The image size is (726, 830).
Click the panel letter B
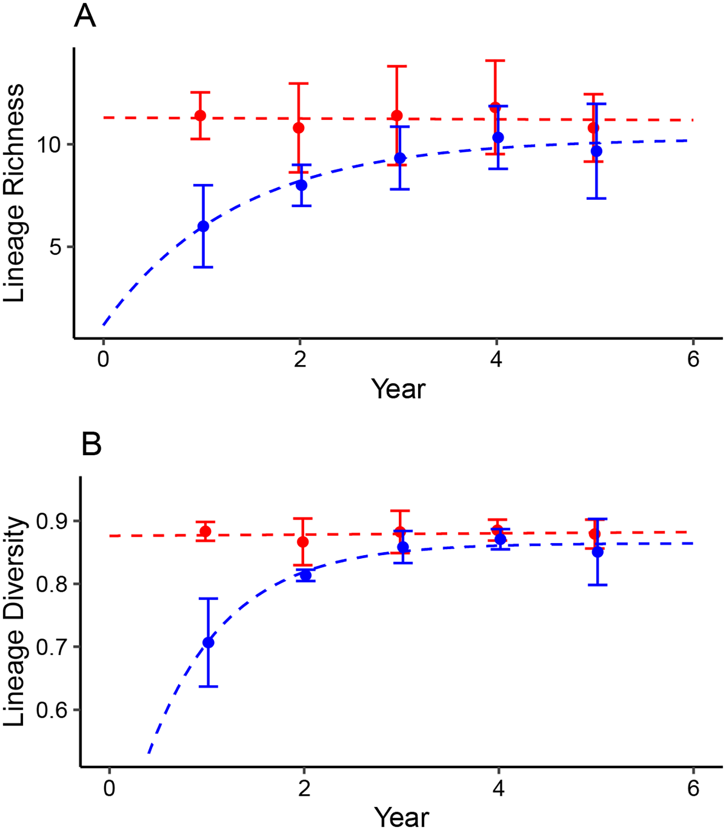(x=91, y=444)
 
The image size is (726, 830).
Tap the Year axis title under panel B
(x=401, y=818)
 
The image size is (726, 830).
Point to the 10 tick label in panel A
(x=49, y=145)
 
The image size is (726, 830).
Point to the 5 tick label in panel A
(x=55, y=247)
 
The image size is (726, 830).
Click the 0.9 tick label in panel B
(x=52, y=522)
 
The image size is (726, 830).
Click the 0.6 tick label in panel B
(x=52, y=710)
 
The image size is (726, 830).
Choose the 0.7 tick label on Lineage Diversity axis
(x=52, y=647)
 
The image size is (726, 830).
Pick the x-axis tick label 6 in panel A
(x=693, y=359)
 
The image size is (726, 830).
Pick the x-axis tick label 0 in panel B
(x=109, y=788)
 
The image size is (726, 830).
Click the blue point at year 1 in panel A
(x=203, y=226)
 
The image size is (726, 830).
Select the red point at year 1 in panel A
(x=200, y=115)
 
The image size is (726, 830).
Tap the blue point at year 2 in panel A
(x=301, y=185)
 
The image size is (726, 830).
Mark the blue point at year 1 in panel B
(x=208, y=643)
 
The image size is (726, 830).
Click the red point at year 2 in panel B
(x=303, y=542)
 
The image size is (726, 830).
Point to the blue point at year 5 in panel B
(x=597, y=552)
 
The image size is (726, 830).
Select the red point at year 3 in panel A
(x=396, y=115)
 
